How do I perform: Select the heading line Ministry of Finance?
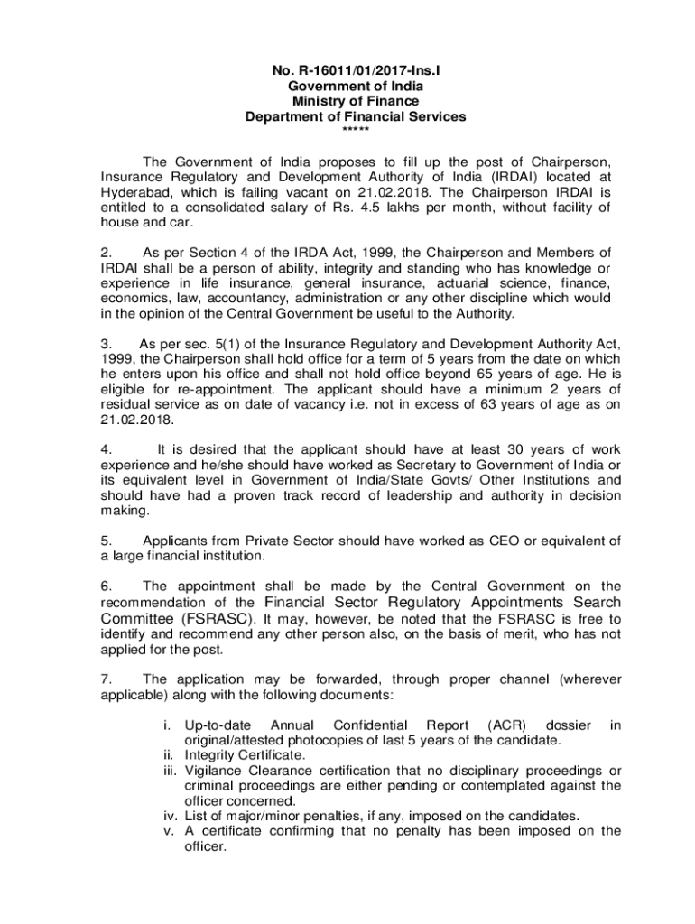tap(356, 101)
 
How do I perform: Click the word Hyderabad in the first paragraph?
tap(132, 192)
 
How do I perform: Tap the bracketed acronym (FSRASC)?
tap(222, 619)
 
